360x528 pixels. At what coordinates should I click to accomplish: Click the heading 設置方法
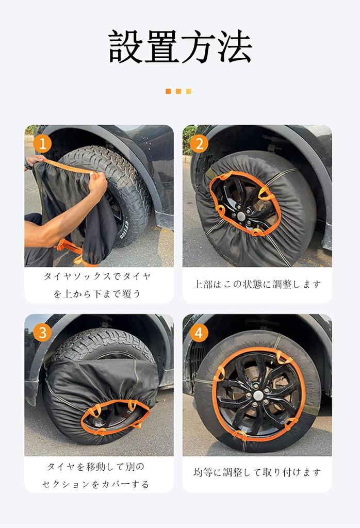[180, 47]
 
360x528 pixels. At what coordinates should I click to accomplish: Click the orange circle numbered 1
[42, 143]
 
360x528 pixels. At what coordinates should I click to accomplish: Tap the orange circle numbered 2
[199, 143]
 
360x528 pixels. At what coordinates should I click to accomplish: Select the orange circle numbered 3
[42, 333]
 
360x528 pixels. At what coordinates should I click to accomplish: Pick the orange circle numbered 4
[199, 333]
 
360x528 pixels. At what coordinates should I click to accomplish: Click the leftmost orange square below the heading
[168, 91]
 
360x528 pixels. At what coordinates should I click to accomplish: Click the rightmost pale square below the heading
[189, 91]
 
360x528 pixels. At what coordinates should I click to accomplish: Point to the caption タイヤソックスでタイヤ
[97, 276]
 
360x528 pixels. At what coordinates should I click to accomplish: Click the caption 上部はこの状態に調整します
[257, 284]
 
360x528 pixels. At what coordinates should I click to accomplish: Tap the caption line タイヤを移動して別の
[96, 467]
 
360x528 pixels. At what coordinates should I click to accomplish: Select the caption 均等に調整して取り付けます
[257, 472]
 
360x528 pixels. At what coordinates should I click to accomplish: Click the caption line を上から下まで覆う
[97, 294]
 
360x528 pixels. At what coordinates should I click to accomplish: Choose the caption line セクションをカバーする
[96, 484]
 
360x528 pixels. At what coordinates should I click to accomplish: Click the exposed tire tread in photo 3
[103, 345]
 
